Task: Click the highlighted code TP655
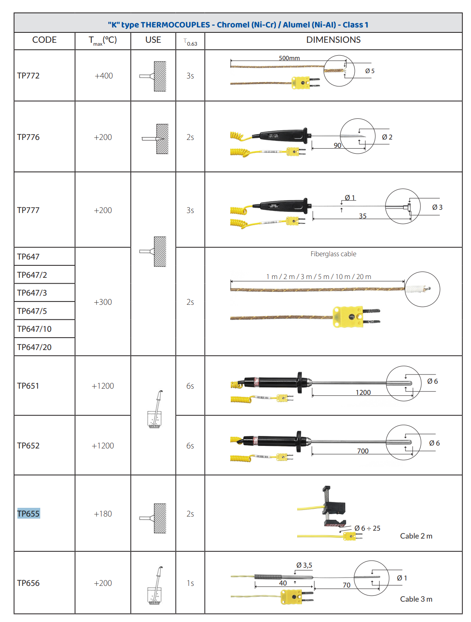(x=28, y=513)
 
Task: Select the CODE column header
(x=44, y=40)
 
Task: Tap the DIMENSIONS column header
(x=333, y=40)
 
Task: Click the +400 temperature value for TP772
(x=103, y=76)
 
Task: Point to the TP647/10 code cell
(x=34, y=329)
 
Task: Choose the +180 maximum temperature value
(x=102, y=514)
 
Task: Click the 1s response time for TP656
(x=190, y=583)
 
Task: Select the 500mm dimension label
(x=289, y=58)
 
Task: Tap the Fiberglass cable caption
(x=333, y=254)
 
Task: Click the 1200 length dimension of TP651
(x=363, y=392)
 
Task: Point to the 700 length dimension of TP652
(x=363, y=451)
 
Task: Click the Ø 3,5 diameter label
(x=304, y=565)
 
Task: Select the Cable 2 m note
(x=416, y=536)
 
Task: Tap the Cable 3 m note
(x=416, y=599)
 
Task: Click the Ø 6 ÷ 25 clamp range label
(x=367, y=528)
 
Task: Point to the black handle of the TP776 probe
(x=283, y=136)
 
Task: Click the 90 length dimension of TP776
(x=337, y=145)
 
